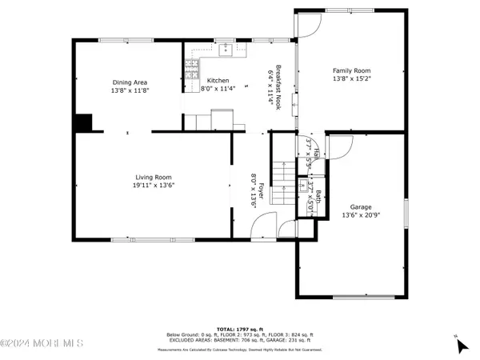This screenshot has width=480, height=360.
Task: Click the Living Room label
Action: [x=152, y=177]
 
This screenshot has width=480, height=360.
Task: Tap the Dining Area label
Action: [x=129, y=82]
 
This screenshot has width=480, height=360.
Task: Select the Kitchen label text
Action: [x=218, y=81]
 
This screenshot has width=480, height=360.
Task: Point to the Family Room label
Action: [x=351, y=70]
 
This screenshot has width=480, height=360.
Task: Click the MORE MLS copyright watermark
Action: [x=42, y=344]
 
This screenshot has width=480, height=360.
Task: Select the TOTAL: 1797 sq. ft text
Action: [x=239, y=328]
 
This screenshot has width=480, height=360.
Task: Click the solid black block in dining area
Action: [x=82, y=122]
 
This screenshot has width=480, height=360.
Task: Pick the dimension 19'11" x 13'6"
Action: [x=152, y=186]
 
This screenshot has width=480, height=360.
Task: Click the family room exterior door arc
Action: [x=305, y=26]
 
